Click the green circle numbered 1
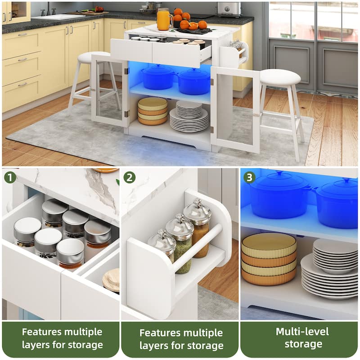pyautogui.click(x=9, y=177)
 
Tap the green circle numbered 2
pyautogui.click(x=130, y=177)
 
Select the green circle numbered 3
pyautogui.click(x=249, y=177)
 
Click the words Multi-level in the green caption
pyautogui.click(x=302, y=332)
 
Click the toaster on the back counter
pyautogui.click(x=229, y=9)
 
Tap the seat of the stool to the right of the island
pyautogui.click(x=280, y=76)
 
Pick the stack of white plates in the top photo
pyautogui.click(x=189, y=117)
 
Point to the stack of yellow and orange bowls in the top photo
pyautogui.click(x=153, y=111)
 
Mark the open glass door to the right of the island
pyautogui.click(x=235, y=110)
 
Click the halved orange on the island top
pyautogui.click(x=193, y=26)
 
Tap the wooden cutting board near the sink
pyautogui.click(x=88, y=13)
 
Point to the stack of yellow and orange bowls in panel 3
pyautogui.click(x=269, y=259)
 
